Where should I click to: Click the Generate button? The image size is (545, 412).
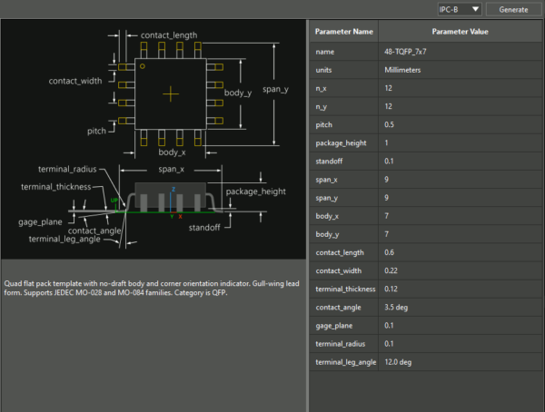coord(513,9)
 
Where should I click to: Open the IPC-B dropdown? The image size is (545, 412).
coord(458,9)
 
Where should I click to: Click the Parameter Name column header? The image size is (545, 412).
coord(343,32)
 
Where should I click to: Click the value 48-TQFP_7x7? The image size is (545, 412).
coord(406,51)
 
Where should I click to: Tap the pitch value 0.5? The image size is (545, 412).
coord(390,124)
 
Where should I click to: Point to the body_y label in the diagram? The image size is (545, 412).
coord(238,93)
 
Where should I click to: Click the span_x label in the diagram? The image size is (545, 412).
coord(171,170)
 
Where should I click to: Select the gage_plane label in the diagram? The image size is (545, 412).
coord(39,221)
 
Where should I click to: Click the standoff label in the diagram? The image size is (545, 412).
coord(208,227)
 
